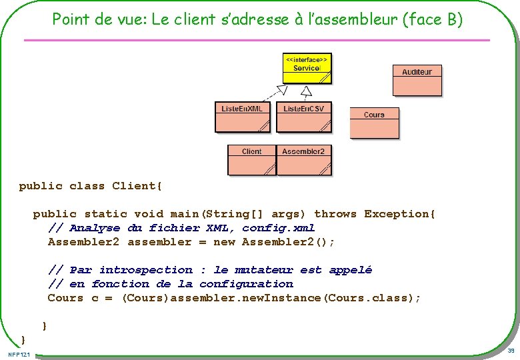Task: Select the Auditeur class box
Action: click(417, 81)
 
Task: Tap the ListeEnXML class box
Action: click(242, 117)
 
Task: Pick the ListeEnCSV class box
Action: click(303, 117)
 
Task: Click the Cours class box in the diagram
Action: click(374, 123)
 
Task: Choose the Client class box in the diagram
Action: click(251, 160)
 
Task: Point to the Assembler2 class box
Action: click(303, 160)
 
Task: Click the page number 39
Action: click(511, 351)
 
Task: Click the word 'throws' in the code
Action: click(335, 214)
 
